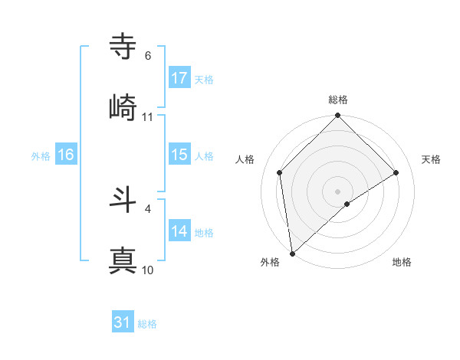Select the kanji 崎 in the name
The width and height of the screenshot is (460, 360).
tap(123, 106)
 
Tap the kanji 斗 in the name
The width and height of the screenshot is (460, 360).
tap(123, 199)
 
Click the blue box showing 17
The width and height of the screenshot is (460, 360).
tap(179, 78)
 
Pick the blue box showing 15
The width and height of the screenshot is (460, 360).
tap(179, 155)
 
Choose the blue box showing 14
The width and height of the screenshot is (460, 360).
tap(179, 231)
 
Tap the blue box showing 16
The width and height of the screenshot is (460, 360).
tap(65, 155)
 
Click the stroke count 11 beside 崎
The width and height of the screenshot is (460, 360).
tap(148, 117)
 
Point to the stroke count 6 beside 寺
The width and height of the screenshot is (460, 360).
tap(148, 56)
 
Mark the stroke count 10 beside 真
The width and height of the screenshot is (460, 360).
tap(148, 270)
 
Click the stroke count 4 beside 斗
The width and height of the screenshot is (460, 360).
tap(148, 208)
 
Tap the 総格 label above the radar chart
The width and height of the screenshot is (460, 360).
tap(338, 100)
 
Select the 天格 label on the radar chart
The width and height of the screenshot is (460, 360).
tap(432, 159)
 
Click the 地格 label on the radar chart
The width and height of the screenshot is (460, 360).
tap(402, 262)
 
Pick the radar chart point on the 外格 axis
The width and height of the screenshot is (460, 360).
tap(292, 254)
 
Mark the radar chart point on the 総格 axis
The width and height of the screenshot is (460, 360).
tap(338, 116)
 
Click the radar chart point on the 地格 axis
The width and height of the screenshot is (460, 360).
tap(347, 204)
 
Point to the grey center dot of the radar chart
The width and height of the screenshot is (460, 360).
tap(338, 191)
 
